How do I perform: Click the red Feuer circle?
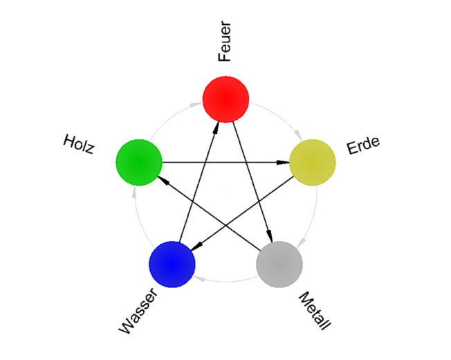pyautogui.click(x=225, y=99)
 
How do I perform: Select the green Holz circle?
pyautogui.click(x=139, y=163)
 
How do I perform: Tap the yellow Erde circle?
pyautogui.click(x=313, y=163)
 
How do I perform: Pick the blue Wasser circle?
pyautogui.click(x=172, y=264)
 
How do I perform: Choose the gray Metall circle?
pyautogui.click(x=279, y=264)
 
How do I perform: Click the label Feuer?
pyautogui.click(x=225, y=41)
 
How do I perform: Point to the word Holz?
pyautogui.click(x=79, y=144)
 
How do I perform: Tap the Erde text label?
pyautogui.click(x=363, y=145)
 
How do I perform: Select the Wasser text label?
pyautogui.click(x=138, y=311)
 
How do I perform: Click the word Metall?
pyautogui.click(x=315, y=311)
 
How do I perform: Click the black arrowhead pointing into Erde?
pyautogui.click(x=283, y=163)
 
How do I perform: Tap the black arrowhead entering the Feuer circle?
pyautogui.click(x=216, y=127)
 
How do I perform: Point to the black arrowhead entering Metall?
pyautogui.click(x=270, y=235)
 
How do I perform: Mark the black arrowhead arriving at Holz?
pyautogui.click(x=163, y=180)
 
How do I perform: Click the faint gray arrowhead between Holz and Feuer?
pyautogui.click(x=196, y=105)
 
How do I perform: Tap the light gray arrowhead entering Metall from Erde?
pyautogui.click(x=301, y=243)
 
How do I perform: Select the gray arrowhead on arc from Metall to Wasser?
pyautogui.click(x=199, y=278)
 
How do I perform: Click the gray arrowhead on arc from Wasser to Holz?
pyautogui.click(x=134, y=192)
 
